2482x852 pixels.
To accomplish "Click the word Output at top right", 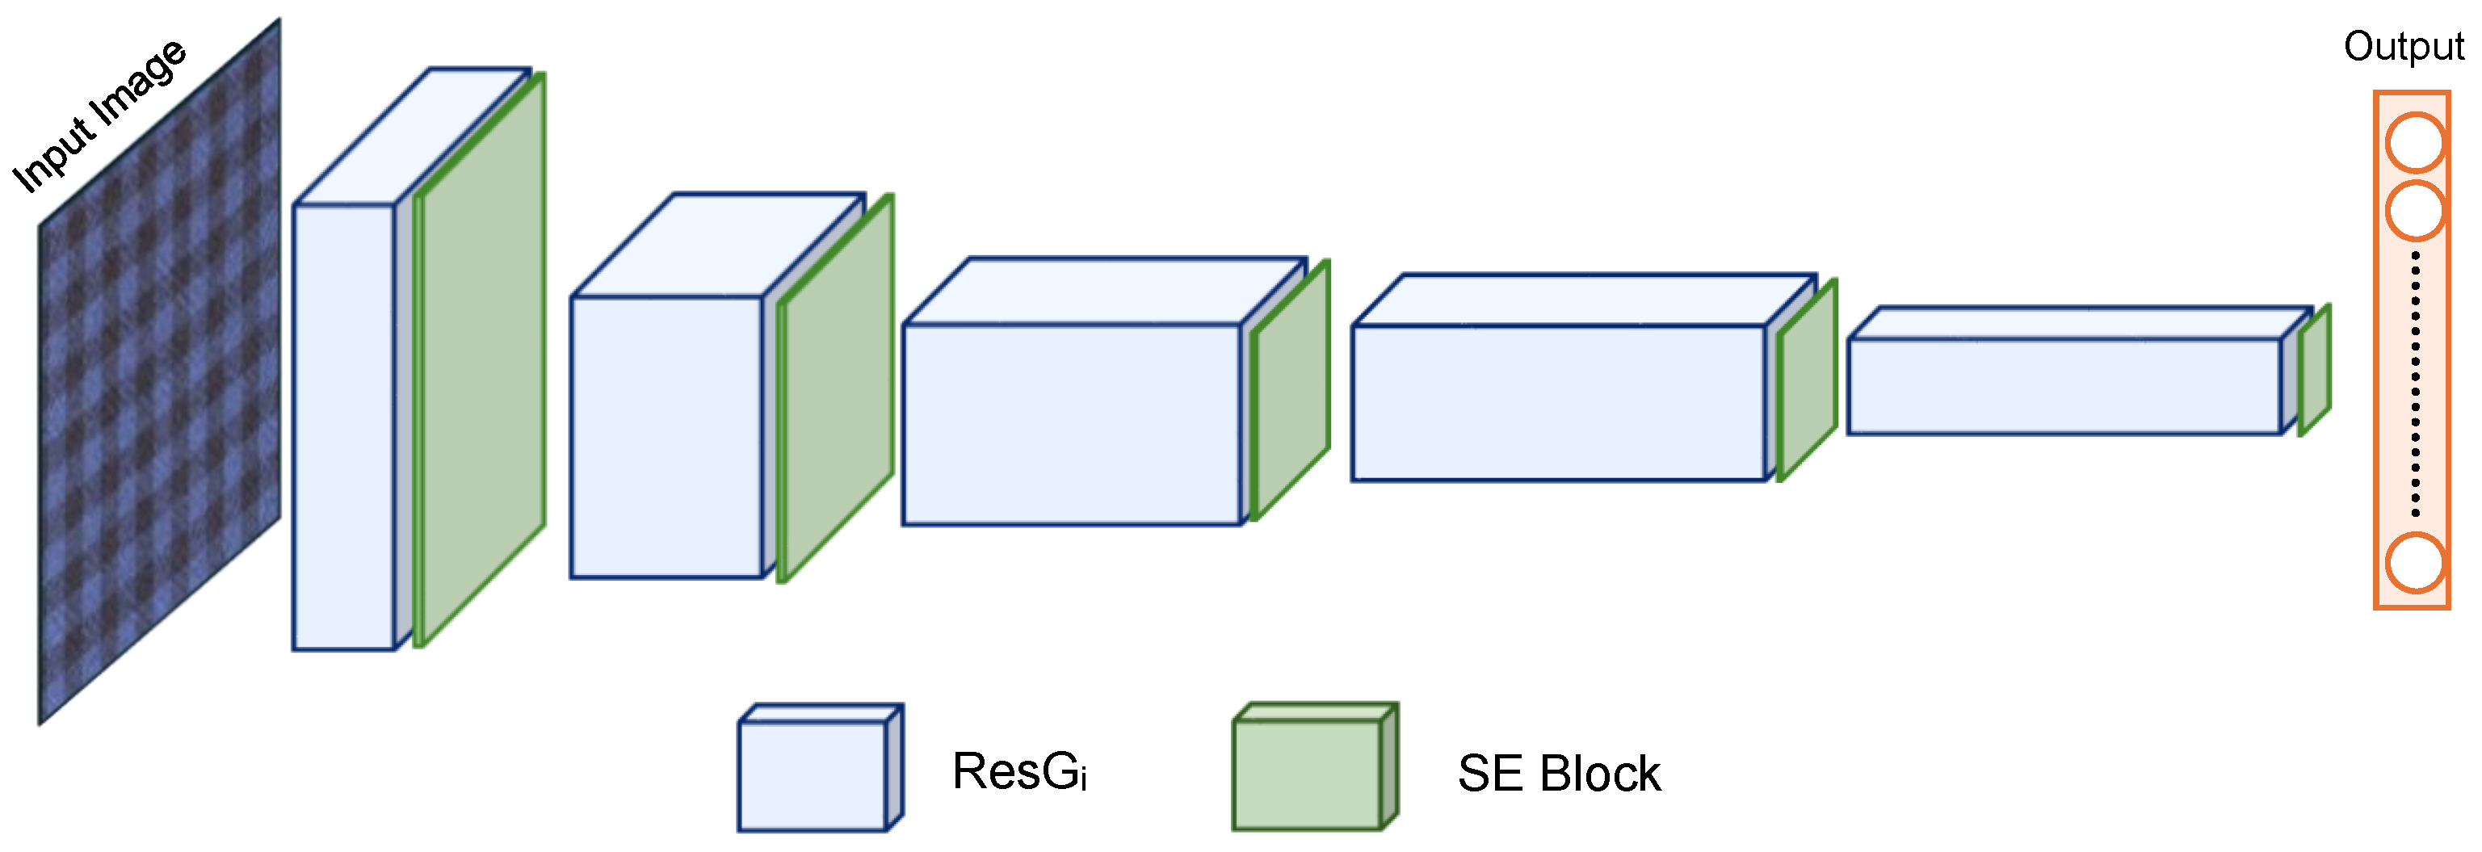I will coord(2403,46).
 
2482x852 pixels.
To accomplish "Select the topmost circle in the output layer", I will coord(2414,144).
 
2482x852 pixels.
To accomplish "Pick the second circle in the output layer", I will coord(2414,210).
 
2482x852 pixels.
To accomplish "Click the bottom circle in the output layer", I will coord(2414,562).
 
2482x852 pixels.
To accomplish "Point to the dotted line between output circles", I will coord(2414,385).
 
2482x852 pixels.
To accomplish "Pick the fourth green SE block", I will coord(1807,380).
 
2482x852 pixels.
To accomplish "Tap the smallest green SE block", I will coord(2314,370).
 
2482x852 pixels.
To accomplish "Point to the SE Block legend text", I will coord(1558,773).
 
